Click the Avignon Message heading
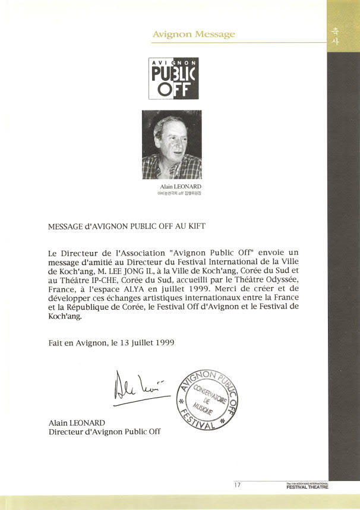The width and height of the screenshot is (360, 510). pos(194,34)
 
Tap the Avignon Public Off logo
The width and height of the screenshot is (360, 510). pos(173,78)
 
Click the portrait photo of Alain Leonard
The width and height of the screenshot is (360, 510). pos(172,144)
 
